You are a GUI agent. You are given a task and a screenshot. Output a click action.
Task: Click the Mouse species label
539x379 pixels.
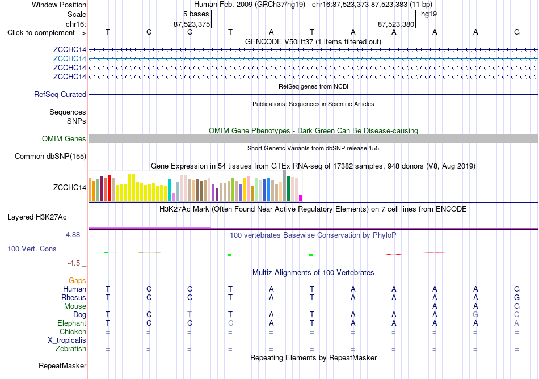point(75,306)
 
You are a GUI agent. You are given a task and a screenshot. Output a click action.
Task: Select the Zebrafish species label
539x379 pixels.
point(71,349)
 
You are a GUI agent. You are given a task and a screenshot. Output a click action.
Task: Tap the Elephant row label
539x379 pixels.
point(71,323)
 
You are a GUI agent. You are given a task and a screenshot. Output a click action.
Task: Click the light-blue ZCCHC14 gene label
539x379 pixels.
point(69,59)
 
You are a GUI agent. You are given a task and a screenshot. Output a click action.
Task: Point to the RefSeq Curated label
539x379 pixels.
point(60,95)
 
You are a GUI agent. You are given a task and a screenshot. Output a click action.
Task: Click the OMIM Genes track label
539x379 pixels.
point(64,139)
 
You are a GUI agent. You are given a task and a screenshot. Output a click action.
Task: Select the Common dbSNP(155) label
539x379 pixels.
point(50,157)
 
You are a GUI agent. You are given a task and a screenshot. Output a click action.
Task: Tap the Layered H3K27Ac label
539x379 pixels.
point(37,217)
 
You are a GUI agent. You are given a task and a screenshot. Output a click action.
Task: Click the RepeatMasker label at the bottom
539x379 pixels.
point(62,365)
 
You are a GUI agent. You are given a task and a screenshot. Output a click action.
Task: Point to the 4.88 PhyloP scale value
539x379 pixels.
point(73,235)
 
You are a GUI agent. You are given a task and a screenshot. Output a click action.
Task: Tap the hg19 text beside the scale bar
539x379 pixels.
point(429,14)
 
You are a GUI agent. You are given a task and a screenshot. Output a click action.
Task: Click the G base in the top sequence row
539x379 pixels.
point(517,32)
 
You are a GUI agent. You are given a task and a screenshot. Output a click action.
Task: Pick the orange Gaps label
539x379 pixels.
point(77,281)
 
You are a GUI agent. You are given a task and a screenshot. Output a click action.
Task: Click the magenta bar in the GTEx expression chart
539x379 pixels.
point(301,198)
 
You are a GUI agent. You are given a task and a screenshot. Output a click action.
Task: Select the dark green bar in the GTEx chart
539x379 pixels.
point(289,188)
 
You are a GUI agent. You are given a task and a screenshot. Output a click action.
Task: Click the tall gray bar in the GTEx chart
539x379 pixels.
point(285,186)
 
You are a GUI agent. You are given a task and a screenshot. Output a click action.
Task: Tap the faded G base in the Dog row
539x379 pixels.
point(475,315)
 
